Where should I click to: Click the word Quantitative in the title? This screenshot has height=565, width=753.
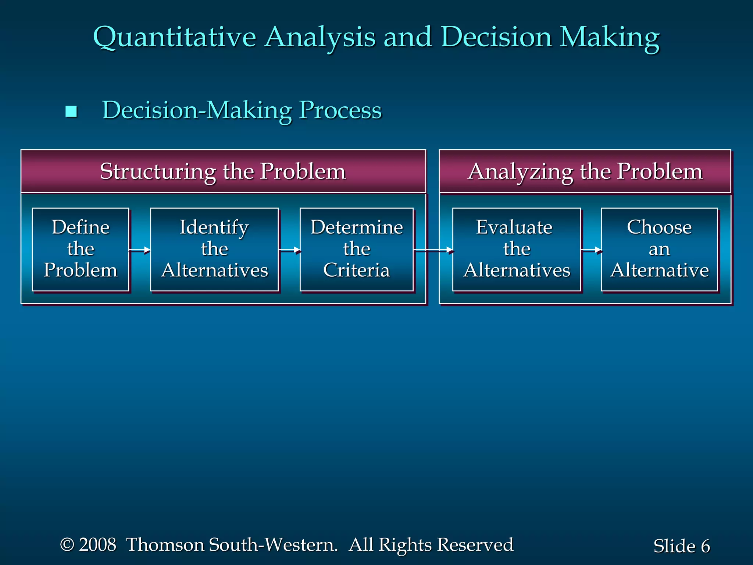click(x=174, y=38)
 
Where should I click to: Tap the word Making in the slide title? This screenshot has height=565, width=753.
click(x=609, y=38)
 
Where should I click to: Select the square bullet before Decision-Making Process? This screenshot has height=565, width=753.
click(x=71, y=111)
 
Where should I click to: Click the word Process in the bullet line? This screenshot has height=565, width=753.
click(x=340, y=110)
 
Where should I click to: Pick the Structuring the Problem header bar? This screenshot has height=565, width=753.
click(x=223, y=171)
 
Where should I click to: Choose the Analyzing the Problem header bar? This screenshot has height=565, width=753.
click(x=585, y=171)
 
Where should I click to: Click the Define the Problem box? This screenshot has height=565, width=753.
click(x=81, y=249)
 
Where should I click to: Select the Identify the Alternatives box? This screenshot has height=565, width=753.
click(x=214, y=249)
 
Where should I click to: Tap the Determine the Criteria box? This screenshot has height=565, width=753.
click(x=357, y=249)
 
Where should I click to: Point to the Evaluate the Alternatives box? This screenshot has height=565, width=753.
click(x=517, y=249)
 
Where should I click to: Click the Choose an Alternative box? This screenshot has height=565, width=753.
click(x=659, y=249)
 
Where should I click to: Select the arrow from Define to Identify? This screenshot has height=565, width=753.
click(x=140, y=250)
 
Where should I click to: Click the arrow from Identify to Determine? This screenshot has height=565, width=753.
click(x=289, y=250)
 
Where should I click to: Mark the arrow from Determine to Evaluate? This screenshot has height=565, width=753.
click(x=433, y=250)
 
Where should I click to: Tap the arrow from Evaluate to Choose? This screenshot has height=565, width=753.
click(x=591, y=250)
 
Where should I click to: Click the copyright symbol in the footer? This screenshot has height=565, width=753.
click(x=67, y=544)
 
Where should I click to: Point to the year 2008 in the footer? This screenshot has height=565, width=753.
click(x=97, y=544)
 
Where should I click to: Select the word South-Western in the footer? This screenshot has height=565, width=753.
click(x=273, y=544)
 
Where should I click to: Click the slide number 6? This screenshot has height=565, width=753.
click(x=705, y=546)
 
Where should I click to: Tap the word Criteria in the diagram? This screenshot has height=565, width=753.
click(x=356, y=270)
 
